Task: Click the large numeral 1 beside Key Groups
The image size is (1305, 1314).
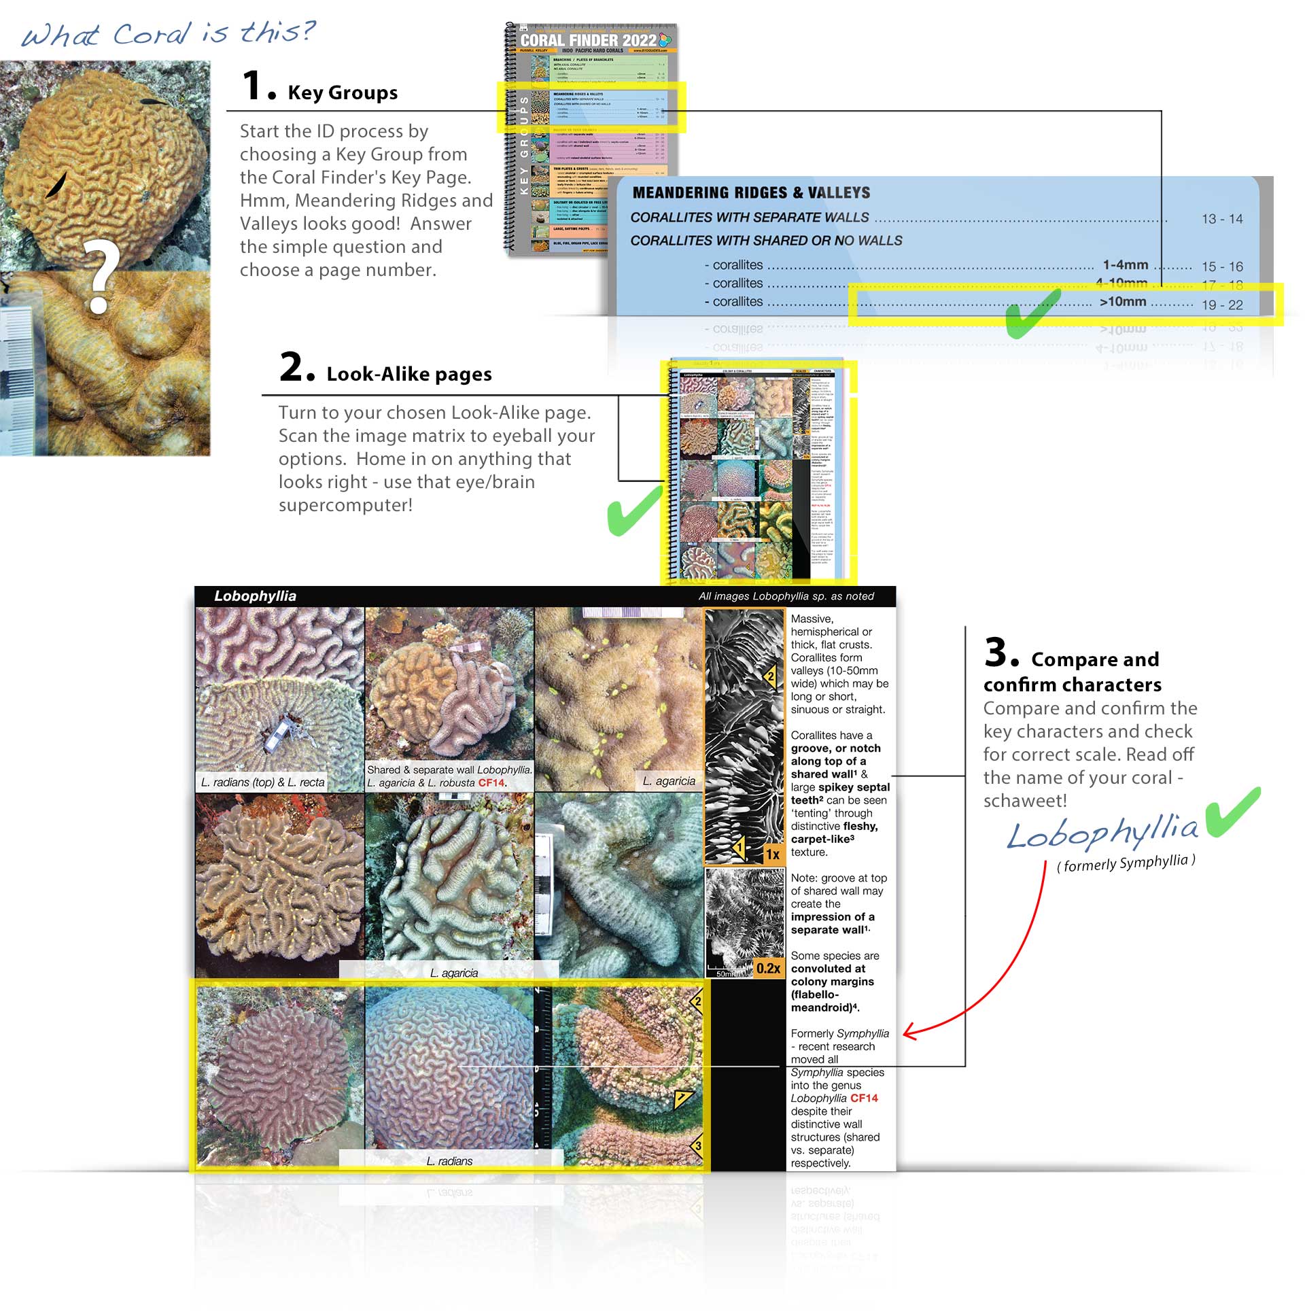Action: [x=252, y=86]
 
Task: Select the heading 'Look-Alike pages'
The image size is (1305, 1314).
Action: [x=408, y=374]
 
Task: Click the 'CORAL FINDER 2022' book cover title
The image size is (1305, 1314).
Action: [x=588, y=40]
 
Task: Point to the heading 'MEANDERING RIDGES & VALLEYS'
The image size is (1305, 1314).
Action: [x=751, y=192]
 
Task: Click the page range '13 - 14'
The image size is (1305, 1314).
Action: [x=1221, y=219]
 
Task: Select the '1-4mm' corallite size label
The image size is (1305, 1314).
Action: [x=1125, y=264]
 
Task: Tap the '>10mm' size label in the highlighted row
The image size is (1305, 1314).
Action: [x=1122, y=301]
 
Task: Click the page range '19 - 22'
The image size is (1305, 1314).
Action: [x=1221, y=305]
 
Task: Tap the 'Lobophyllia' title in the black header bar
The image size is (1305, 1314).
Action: [x=255, y=595]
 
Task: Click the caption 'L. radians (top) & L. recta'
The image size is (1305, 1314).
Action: [x=262, y=782]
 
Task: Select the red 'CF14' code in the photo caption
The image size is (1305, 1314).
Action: [x=491, y=783]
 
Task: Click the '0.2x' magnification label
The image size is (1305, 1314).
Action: [x=768, y=968]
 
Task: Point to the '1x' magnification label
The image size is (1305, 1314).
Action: [x=773, y=854]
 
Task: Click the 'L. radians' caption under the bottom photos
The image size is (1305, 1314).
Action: [x=449, y=1161]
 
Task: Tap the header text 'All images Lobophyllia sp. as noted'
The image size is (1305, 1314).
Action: [x=786, y=596]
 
